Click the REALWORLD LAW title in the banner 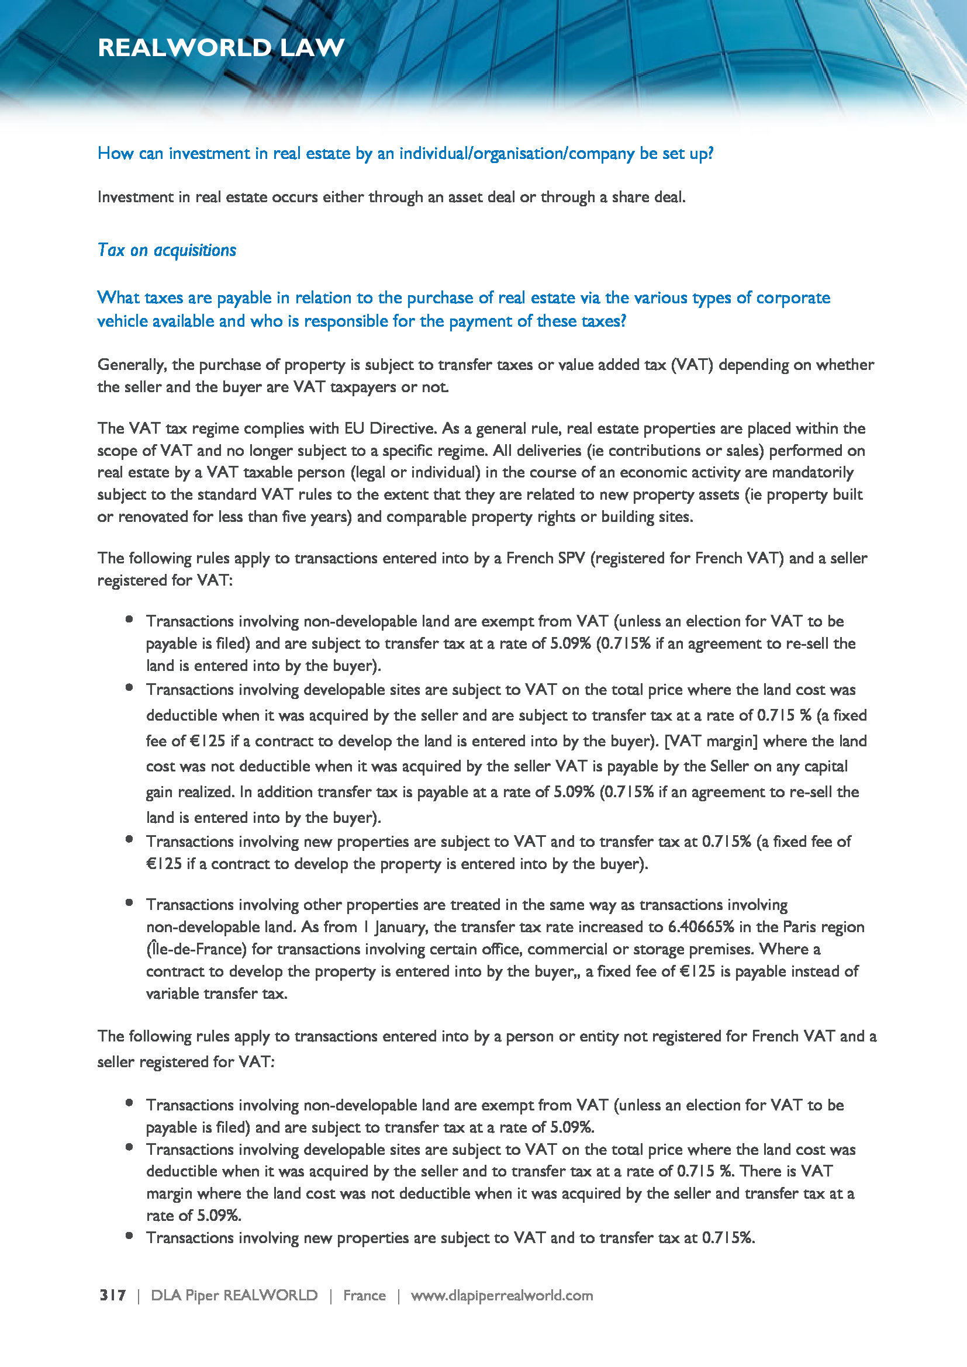(221, 47)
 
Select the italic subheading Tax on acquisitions (167, 250)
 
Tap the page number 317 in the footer (112, 1296)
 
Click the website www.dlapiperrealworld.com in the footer (502, 1296)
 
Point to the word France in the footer (364, 1296)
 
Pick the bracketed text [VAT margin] (711, 741)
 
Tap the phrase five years (323, 517)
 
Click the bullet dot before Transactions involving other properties (129, 902)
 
